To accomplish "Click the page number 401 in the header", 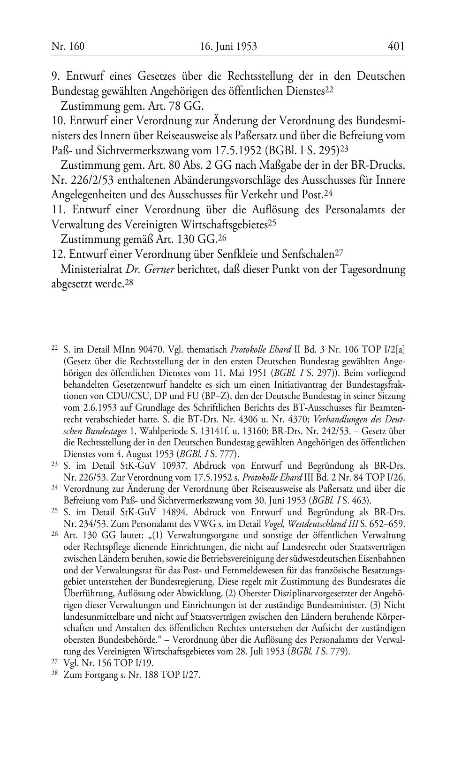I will [396, 46].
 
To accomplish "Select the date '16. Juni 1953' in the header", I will [228, 46].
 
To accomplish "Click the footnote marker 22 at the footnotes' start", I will [54, 348].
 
